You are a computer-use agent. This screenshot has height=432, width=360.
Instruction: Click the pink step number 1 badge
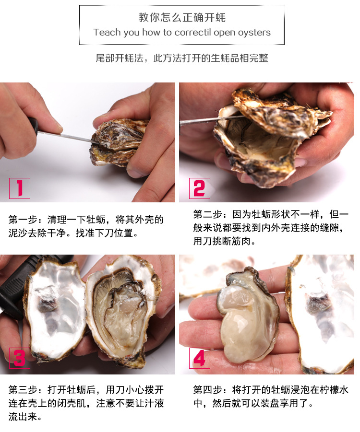pyautogui.click(x=20, y=188)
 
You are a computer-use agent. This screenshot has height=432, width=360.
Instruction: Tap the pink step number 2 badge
pyautogui.click(x=200, y=188)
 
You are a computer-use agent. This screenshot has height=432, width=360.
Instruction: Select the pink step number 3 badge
pyautogui.click(x=20, y=358)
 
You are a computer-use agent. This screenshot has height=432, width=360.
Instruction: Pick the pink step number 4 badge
pyautogui.click(x=200, y=358)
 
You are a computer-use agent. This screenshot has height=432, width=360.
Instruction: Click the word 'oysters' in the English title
pyautogui.click(x=254, y=33)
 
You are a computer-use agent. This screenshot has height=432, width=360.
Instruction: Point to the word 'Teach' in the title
pyautogui.click(x=107, y=32)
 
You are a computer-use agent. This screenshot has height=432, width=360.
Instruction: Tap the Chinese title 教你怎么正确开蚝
pyautogui.click(x=182, y=17)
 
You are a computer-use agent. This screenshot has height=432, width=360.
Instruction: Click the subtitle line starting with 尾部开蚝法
pyautogui.click(x=182, y=58)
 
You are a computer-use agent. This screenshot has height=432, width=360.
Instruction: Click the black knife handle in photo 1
pyautogui.click(x=33, y=126)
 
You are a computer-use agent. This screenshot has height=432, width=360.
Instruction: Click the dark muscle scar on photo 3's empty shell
pyautogui.click(x=48, y=298)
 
